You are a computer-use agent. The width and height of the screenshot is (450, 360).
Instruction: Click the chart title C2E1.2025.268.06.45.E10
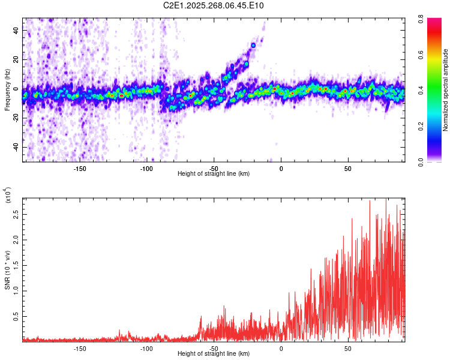tap(214, 5)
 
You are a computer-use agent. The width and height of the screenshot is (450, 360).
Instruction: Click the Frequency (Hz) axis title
tap(7, 90)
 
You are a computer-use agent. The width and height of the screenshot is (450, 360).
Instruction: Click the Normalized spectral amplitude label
tap(446, 90)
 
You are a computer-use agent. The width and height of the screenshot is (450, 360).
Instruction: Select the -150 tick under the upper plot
tap(80, 169)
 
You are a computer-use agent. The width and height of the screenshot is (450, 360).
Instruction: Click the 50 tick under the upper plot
tap(348, 169)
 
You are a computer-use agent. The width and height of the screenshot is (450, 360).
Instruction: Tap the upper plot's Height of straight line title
tap(214, 174)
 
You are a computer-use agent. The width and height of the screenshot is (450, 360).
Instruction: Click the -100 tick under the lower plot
tap(146, 349)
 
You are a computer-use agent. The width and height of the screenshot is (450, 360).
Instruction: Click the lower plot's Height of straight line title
tap(214, 354)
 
